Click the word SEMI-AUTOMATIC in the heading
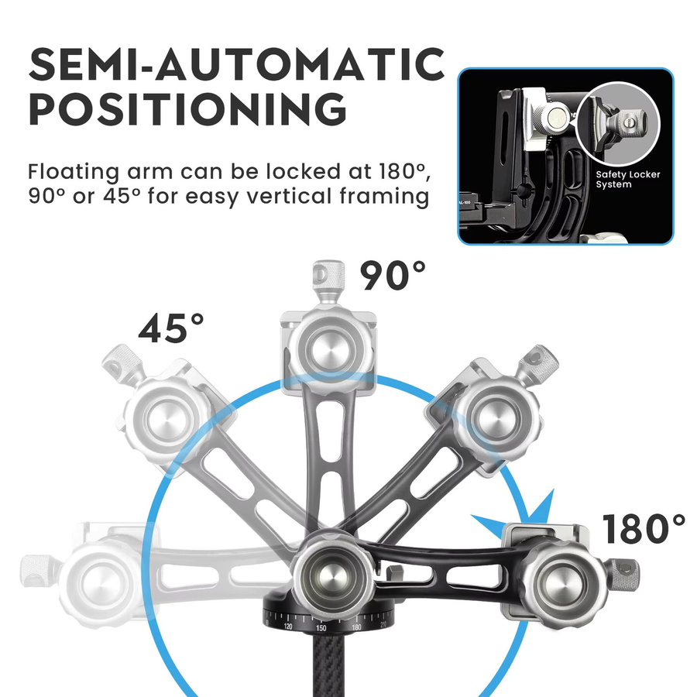click(x=236, y=64)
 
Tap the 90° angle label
click(x=393, y=276)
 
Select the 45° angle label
click(x=171, y=328)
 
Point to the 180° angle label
click(x=644, y=528)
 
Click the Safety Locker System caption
click(x=627, y=179)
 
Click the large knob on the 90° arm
click(x=329, y=349)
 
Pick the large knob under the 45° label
click(x=167, y=419)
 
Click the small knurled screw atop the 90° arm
click(x=329, y=276)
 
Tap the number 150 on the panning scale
click(x=321, y=629)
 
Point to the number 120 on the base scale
click(x=287, y=627)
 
